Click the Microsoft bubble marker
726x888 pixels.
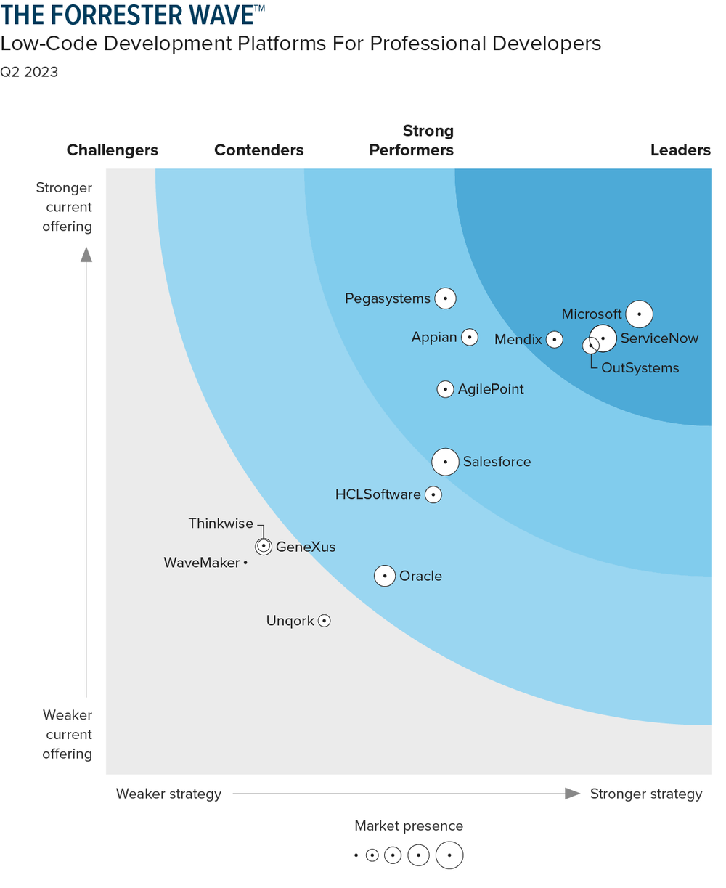point(639,314)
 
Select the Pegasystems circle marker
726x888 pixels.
point(445,298)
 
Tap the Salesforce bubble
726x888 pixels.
point(445,461)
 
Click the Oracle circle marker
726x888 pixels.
point(385,576)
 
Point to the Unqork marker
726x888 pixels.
point(325,621)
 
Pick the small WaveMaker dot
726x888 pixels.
point(245,563)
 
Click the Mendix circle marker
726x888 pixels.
point(554,339)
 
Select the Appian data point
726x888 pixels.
point(470,337)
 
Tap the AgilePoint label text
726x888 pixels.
point(490,389)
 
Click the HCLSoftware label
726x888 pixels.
point(378,494)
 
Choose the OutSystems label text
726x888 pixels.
point(640,368)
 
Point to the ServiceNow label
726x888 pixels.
point(659,338)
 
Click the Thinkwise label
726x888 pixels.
point(221,524)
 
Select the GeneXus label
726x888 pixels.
point(306,547)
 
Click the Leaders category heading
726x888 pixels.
point(680,150)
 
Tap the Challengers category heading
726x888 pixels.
point(113,150)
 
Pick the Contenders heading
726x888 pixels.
point(258,150)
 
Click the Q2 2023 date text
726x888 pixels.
point(29,72)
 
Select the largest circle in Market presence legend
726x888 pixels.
point(449,855)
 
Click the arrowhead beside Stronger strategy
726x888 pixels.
point(573,794)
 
